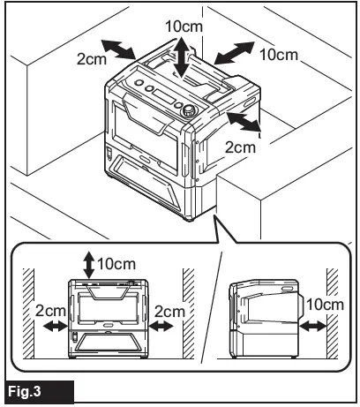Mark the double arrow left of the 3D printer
coord(116,47)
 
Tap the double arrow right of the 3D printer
coord(244,121)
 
